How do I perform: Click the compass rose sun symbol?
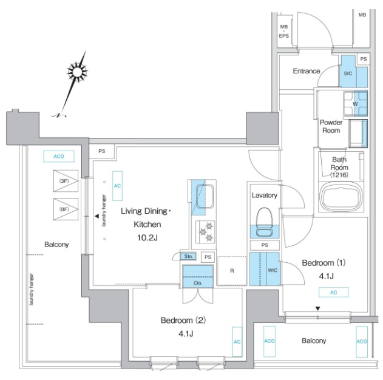pos(77,72)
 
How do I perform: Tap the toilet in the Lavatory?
pos(265,222)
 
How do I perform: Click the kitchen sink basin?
pos(205,196)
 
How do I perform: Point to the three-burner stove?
pos(205,232)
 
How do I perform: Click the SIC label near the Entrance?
pos(348,73)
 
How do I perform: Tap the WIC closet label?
pos(273,270)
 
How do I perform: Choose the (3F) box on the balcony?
pos(66,181)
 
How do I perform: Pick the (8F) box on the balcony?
pos(66,209)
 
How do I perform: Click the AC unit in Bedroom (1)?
pos(333,293)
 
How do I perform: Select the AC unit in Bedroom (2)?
pos(237,342)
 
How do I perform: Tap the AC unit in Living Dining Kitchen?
pos(117,186)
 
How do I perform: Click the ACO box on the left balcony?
pos(59,156)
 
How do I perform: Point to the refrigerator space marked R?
pos(232,271)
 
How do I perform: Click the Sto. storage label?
pos(188,256)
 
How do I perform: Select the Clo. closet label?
pos(198,283)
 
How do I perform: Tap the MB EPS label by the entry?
pos(284,31)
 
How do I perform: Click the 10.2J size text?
pos(147,237)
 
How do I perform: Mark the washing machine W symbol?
pos(355,104)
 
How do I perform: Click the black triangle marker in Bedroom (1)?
pos(317,309)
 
